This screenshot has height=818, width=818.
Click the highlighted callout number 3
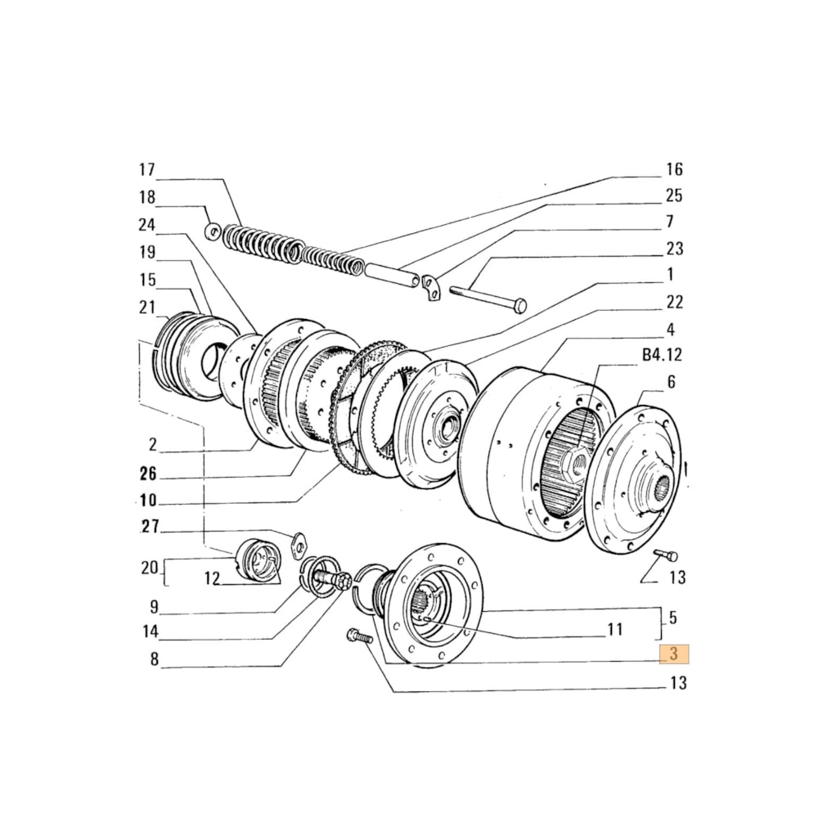click(x=675, y=654)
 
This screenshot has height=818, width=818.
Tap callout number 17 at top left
click(x=146, y=170)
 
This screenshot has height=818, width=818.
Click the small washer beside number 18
click(x=212, y=232)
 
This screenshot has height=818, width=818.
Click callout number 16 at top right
click(x=673, y=170)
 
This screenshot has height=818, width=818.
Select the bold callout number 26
click(x=147, y=474)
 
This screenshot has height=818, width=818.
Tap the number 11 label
click(x=614, y=630)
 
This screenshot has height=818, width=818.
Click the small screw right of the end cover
click(x=667, y=556)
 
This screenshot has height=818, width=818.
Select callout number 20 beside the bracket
click(x=147, y=568)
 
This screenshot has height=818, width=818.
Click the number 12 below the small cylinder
click(x=212, y=578)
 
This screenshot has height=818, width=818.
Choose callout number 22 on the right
click(x=673, y=302)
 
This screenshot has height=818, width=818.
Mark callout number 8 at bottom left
click(x=154, y=659)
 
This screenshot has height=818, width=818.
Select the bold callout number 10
click(x=147, y=500)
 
